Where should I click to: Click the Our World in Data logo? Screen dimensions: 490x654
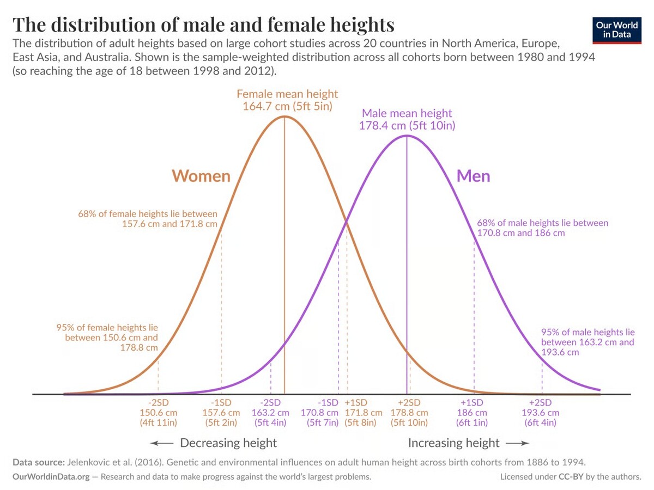pos(617,29)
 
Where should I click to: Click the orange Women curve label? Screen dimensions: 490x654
pos(201,176)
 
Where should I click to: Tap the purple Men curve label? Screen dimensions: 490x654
pos(473,176)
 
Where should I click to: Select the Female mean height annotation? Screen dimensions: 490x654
pos(287,100)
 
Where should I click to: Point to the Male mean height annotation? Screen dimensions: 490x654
pos(407,119)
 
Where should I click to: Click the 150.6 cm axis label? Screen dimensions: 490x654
pos(159,412)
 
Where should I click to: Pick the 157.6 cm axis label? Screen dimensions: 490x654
pos(221,412)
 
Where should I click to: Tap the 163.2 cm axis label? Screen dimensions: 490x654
pos(271,412)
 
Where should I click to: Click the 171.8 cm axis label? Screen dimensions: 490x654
pos(364,412)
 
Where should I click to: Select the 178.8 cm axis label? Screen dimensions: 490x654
pos(409,412)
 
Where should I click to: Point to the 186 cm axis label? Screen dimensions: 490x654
pos(472,412)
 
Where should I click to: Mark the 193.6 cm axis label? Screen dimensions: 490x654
pos(541,412)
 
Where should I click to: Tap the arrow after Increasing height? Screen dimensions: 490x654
pos(517,443)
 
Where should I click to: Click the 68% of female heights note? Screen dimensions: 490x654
pos(148,219)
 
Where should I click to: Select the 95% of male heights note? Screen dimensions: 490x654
pos(588,342)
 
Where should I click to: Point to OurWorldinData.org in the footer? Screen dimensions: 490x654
pos(50,476)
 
